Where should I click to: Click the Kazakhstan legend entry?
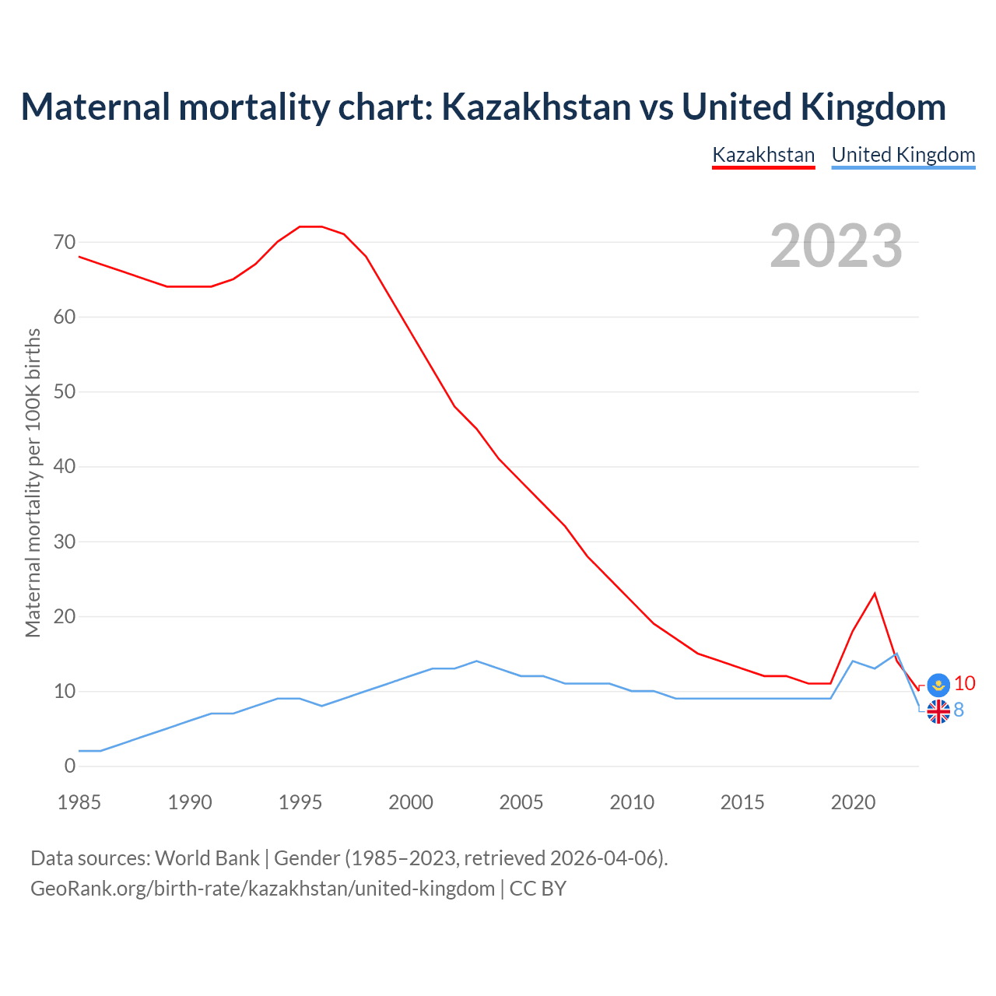(763, 155)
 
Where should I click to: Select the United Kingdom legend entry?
(903, 155)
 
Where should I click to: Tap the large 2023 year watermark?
(836, 246)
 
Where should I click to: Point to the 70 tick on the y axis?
(65, 243)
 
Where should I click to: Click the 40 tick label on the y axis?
(65, 467)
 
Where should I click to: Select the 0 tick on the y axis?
(70, 766)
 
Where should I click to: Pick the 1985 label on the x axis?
(79, 802)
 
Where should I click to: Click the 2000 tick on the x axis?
(411, 802)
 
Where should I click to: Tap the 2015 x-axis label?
(742, 802)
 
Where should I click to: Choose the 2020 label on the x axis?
(853, 802)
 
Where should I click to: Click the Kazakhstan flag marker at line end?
(938, 685)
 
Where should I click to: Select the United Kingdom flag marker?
(938, 711)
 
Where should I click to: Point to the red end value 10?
(965, 683)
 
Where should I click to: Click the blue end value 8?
(959, 710)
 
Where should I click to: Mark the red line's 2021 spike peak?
(875, 594)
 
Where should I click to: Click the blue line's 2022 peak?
(896, 654)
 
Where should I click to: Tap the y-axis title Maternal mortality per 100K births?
(33, 482)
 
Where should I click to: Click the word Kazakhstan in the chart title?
(537, 107)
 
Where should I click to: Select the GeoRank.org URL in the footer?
(262, 889)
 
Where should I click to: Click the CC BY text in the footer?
(538, 889)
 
